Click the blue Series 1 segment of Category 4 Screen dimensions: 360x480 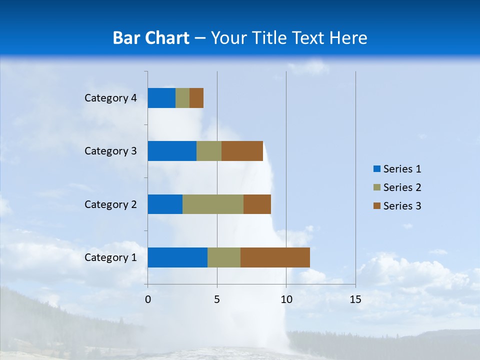(161, 98)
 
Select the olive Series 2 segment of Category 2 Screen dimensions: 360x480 (213, 204)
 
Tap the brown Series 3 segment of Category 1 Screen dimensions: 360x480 (275, 257)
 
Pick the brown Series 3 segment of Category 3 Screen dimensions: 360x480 (242, 151)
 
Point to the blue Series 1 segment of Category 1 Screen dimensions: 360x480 (177, 257)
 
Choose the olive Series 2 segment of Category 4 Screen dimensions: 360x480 (182, 98)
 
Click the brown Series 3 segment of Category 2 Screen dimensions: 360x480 (257, 204)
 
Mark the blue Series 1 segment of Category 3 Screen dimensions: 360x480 (172, 151)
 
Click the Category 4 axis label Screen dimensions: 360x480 (110, 98)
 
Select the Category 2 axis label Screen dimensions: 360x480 (110, 204)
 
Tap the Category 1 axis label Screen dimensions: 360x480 (110, 257)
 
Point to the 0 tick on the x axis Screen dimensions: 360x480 (148, 299)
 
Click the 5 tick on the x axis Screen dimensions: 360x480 (217, 299)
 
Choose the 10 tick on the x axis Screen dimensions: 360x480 (286, 299)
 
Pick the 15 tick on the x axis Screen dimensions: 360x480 (355, 299)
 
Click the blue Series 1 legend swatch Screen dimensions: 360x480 (377, 169)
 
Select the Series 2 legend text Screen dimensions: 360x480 (402, 187)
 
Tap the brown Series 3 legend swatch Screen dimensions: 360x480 (377, 206)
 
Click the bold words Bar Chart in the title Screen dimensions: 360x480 (151, 38)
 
